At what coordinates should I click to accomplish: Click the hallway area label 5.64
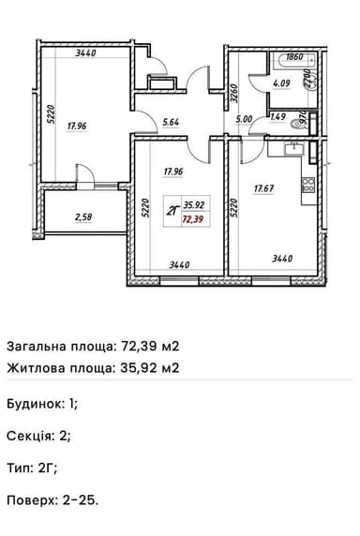click(x=171, y=121)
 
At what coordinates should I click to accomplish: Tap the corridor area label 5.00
click(x=245, y=119)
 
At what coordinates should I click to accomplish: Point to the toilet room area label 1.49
click(x=277, y=117)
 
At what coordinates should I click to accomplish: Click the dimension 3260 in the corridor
click(x=234, y=94)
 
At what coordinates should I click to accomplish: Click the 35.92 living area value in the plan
click(x=195, y=203)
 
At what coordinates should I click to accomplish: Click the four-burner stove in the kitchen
click(x=308, y=186)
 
